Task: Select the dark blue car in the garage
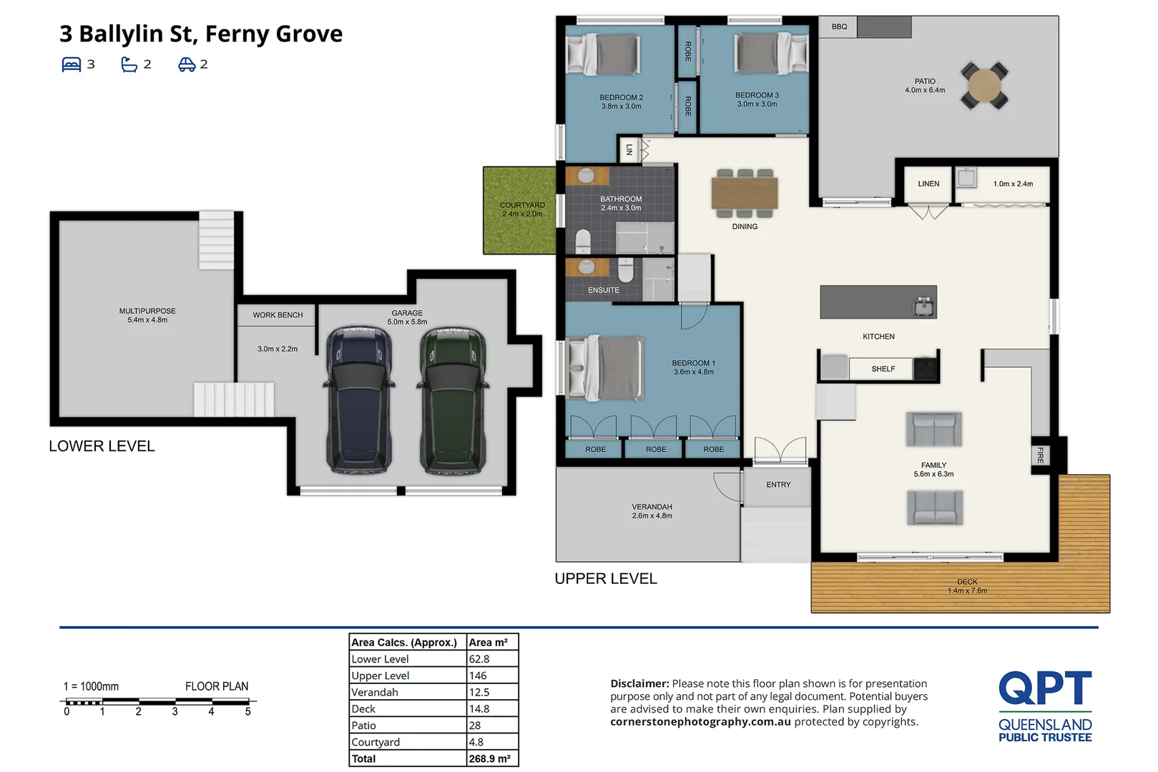point(359,400)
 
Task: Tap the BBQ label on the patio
point(840,27)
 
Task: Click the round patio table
point(984,86)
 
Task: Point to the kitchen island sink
point(924,307)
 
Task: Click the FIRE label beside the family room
point(1041,455)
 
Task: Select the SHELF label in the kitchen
point(883,369)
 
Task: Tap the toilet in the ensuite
point(626,270)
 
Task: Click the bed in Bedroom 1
point(604,368)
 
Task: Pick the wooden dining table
point(745,193)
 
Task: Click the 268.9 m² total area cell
point(489,758)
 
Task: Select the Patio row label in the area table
point(363,726)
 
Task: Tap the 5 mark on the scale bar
point(248,712)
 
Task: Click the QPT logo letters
point(1045,688)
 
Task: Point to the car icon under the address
point(187,64)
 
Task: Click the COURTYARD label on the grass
point(522,205)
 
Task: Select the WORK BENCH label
point(278,315)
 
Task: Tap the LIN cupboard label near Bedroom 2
point(629,150)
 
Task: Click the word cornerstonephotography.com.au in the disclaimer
point(700,722)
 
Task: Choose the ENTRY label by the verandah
point(778,485)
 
